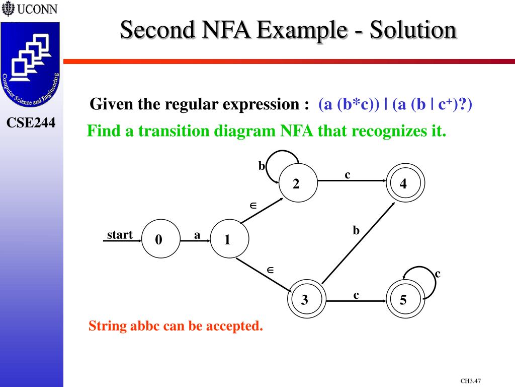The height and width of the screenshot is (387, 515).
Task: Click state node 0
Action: point(160,240)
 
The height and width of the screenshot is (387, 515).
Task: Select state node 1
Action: point(228,240)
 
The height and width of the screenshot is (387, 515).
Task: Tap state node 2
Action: point(297,184)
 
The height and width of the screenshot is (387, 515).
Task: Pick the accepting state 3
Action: point(305,300)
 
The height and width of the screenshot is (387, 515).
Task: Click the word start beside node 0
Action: point(120,235)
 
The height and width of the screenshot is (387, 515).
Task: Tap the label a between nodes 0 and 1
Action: point(197,235)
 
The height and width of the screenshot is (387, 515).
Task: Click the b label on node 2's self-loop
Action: point(262,166)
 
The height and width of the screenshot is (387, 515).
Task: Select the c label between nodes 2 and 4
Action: point(347,175)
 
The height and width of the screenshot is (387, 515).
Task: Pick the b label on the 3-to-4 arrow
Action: point(356,231)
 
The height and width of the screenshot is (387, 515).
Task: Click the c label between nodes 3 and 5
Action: point(356,295)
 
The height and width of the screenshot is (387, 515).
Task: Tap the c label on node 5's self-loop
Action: point(438,274)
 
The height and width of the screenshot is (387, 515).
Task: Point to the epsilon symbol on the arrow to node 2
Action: point(253,206)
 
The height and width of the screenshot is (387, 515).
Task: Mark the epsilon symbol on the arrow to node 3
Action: point(270,270)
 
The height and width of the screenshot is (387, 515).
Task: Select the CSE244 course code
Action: point(31,122)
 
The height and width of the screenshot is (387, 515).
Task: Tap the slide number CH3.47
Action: point(470,381)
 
